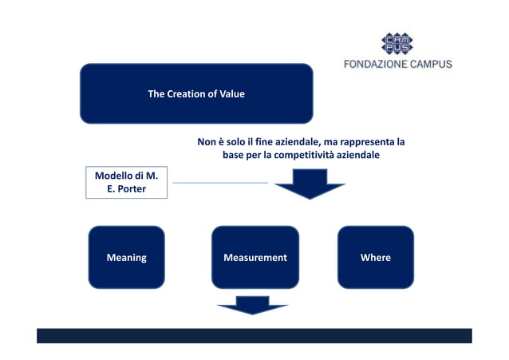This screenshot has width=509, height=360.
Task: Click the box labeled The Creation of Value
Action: pos(195,93)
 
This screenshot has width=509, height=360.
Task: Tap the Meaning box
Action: pos(126,257)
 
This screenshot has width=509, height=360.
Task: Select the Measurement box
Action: pos(254,257)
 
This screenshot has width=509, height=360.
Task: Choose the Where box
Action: pos(375,257)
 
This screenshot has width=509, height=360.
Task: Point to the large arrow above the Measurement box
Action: pos(310,188)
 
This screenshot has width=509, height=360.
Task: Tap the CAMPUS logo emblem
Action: pos(397,44)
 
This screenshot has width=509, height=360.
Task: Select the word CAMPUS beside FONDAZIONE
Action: pos(430,64)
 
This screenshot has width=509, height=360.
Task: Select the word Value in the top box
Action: pos(232,94)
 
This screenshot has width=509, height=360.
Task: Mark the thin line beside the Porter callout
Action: pos(219,183)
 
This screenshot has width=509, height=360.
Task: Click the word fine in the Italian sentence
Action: pos(269,142)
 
